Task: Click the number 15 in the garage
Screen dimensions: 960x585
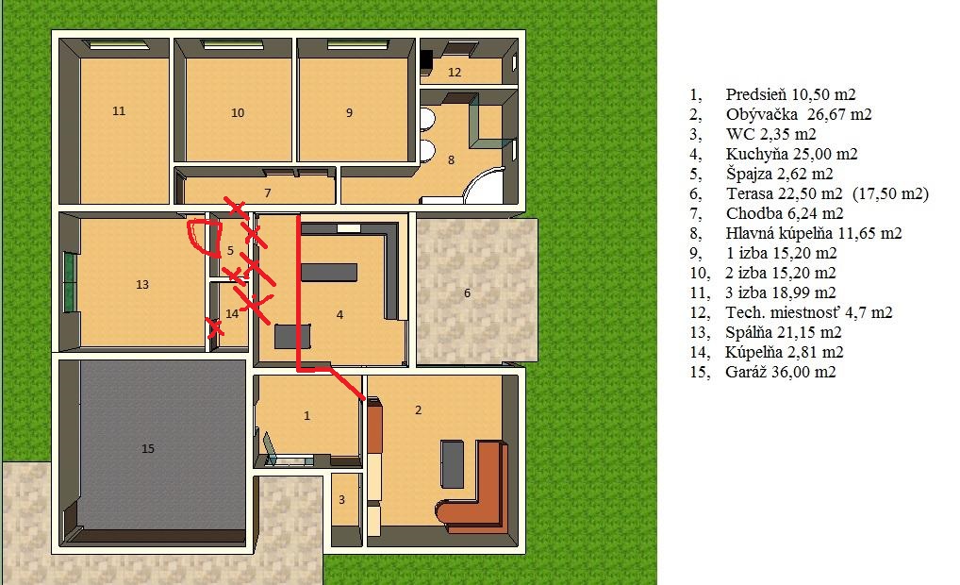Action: pos(147,448)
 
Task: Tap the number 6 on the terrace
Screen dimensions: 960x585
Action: pos(467,292)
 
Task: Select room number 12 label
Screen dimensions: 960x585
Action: pos(455,73)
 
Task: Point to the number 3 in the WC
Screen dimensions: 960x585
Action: pos(341,500)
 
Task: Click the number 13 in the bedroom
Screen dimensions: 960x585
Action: pos(142,284)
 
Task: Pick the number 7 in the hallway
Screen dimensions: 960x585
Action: pos(268,193)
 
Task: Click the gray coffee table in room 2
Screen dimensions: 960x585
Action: pos(453,464)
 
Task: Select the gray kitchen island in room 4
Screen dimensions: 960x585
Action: pos(329,272)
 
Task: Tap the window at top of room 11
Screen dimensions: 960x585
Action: pos(119,44)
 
